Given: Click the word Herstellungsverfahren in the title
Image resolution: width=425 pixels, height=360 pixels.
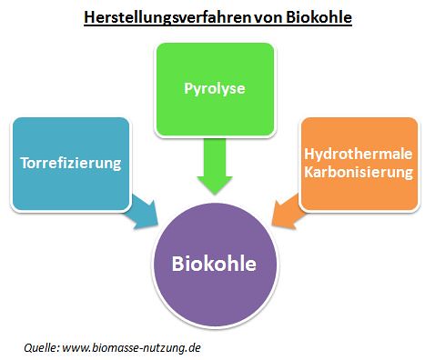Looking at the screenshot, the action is pyautogui.click(x=167, y=17).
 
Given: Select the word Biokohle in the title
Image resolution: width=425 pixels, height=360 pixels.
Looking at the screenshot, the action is pyautogui.click(x=319, y=17).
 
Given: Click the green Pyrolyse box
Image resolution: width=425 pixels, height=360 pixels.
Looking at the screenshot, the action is pyautogui.click(x=215, y=89).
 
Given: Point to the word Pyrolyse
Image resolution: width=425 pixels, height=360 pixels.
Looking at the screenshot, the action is pyautogui.click(x=215, y=89).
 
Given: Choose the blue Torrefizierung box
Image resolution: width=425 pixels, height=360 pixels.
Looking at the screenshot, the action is pyautogui.click(x=71, y=164).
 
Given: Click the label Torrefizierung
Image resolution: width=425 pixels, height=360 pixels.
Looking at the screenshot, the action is pyautogui.click(x=71, y=163).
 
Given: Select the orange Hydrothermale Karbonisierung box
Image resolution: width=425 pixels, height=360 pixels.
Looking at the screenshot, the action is pyautogui.click(x=359, y=164).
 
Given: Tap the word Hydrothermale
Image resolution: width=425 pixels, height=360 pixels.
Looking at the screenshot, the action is pyautogui.click(x=359, y=154).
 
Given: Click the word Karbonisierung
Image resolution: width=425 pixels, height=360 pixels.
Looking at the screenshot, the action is pyautogui.click(x=359, y=173).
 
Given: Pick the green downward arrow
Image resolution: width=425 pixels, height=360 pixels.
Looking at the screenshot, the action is pyautogui.click(x=215, y=166).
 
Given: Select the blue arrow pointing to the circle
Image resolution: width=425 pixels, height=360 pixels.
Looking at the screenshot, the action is pyautogui.click(x=143, y=212).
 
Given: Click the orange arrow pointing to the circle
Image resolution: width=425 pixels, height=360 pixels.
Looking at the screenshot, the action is pyautogui.click(x=287, y=212).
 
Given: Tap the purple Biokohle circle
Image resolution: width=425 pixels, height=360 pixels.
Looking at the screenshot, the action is pyautogui.click(x=215, y=265).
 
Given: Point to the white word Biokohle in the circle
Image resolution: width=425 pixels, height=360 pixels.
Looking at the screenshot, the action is pyautogui.click(x=214, y=264).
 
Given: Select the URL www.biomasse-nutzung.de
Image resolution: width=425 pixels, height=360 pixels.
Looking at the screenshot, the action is pyautogui.click(x=131, y=347).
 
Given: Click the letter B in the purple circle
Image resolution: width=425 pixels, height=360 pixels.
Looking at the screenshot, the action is pyautogui.click(x=177, y=264).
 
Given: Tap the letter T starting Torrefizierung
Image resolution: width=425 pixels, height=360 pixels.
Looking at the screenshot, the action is pyautogui.click(x=25, y=163).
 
